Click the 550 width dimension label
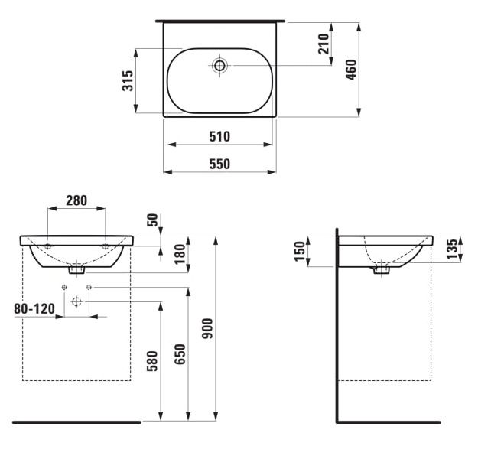219,164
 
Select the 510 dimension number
219,136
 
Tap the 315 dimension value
128,80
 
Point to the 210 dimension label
324,44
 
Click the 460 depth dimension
351,70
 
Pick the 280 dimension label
76,200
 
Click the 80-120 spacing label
34,308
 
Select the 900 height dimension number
208,328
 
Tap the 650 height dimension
180,353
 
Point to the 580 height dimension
152,361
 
